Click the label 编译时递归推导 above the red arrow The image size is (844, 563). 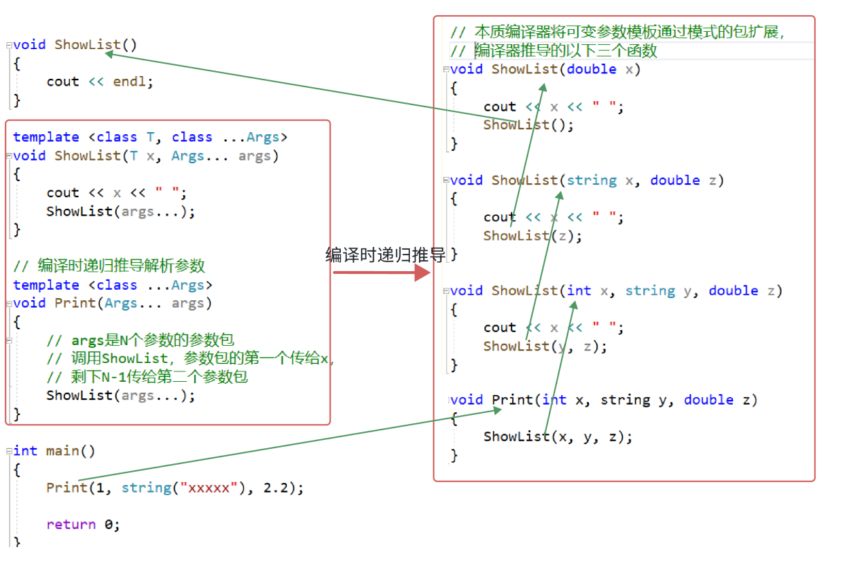(x=386, y=255)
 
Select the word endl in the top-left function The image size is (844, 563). (x=130, y=82)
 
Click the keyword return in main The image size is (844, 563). (x=71, y=524)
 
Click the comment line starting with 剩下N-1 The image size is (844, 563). (x=147, y=377)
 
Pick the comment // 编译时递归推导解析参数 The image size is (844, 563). (x=109, y=266)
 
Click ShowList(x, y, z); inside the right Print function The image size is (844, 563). (x=557, y=436)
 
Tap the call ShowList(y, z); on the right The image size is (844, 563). (x=545, y=347)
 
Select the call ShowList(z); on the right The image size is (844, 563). (x=532, y=236)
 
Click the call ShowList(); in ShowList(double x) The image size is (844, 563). (x=528, y=125)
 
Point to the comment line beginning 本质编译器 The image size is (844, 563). (x=619, y=32)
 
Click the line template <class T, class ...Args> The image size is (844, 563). (x=150, y=137)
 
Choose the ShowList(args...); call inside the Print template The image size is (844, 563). (x=121, y=396)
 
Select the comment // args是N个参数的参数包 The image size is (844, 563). (x=140, y=340)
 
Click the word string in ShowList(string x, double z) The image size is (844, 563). (x=592, y=181)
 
